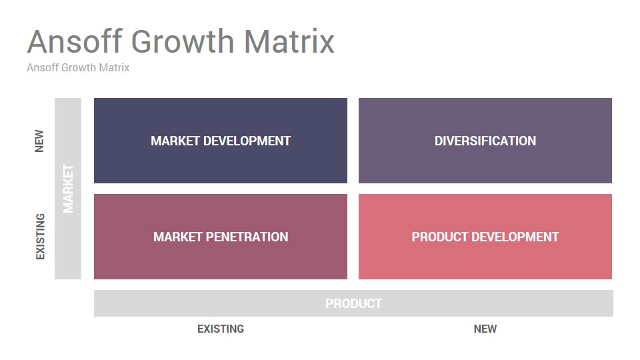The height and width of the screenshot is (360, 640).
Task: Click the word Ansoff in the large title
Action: (x=75, y=41)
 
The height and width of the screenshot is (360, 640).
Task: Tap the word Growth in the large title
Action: (x=183, y=41)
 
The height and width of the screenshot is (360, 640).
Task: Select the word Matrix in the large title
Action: (x=289, y=41)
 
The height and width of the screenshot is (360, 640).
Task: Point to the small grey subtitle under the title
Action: (x=78, y=67)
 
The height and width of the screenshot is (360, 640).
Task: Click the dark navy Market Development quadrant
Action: (x=221, y=141)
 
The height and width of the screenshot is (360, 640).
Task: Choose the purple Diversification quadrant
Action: (x=485, y=141)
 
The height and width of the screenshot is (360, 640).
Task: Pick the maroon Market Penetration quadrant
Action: (x=221, y=237)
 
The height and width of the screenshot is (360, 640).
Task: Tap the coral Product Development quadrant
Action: (x=485, y=237)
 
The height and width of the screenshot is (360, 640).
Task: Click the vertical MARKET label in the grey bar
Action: (x=68, y=189)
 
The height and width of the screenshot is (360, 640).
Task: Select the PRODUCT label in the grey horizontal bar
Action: (x=353, y=303)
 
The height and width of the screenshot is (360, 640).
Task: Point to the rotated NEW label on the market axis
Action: (x=39, y=141)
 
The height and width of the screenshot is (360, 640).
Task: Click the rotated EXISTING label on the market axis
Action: (x=40, y=236)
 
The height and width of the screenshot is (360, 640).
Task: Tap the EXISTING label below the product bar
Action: (x=221, y=329)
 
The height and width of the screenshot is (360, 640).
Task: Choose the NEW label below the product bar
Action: (x=485, y=329)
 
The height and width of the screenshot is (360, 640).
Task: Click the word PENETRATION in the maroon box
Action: (x=247, y=237)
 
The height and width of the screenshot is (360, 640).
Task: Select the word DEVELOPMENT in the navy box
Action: (x=247, y=141)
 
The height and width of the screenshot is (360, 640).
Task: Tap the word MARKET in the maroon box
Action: (x=177, y=237)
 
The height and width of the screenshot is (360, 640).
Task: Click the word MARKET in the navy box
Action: (x=175, y=141)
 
